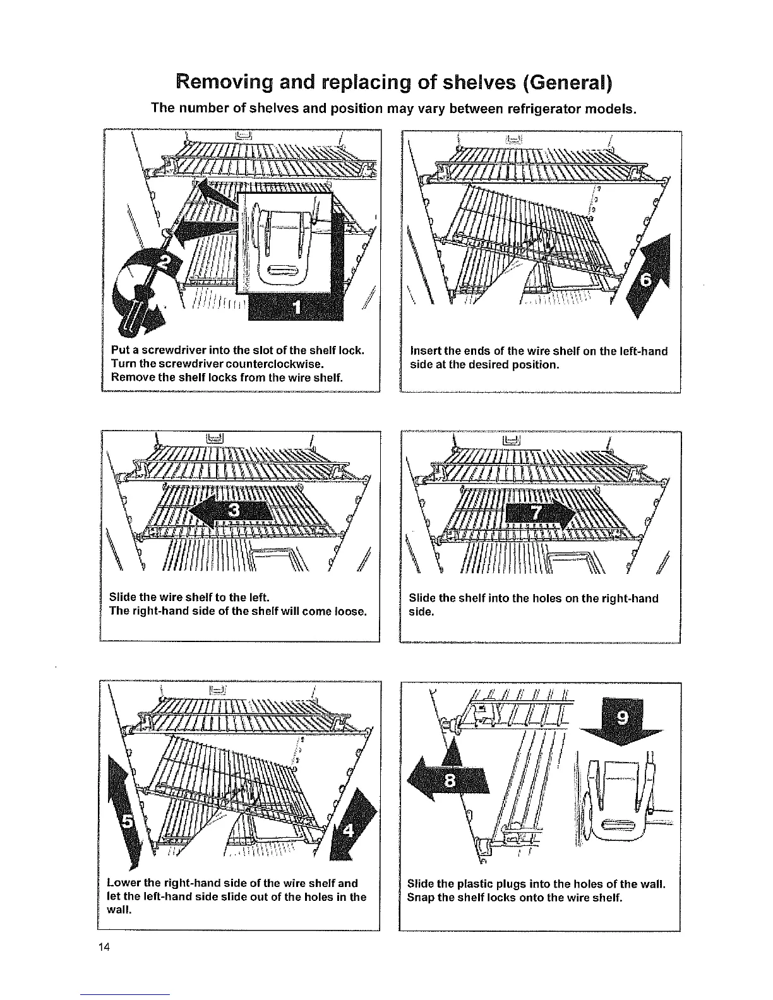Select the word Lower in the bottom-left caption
tap(124, 883)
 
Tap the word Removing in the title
tap(229, 83)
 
